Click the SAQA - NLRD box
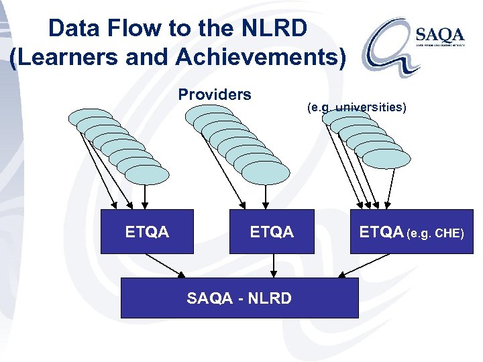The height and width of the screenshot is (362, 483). click(x=239, y=298)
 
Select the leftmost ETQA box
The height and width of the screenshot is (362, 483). click(x=147, y=232)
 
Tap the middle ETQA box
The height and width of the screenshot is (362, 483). click(x=272, y=232)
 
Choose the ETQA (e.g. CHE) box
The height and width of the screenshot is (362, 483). click(x=411, y=232)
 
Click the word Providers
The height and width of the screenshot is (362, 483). click(x=215, y=95)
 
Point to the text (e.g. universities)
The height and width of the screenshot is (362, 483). click(x=356, y=107)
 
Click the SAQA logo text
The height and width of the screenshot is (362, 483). click(x=440, y=34)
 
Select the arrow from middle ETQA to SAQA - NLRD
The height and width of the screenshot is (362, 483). click(x=272, y=266)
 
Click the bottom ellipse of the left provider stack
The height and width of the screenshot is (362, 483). click(x=147, y=175)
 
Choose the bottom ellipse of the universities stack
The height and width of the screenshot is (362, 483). click(x=386, y=158)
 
